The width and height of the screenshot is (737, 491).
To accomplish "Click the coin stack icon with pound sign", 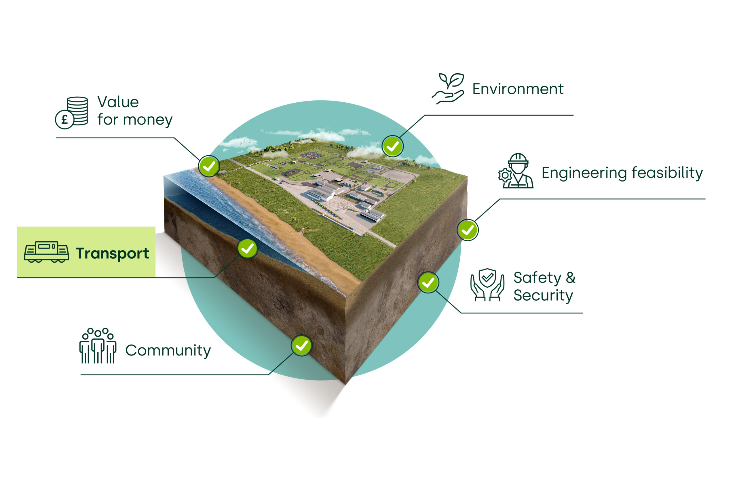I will (72, 112).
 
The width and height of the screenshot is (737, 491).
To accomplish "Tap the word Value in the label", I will (118, 102).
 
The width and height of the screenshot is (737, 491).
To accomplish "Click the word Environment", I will (518, 89).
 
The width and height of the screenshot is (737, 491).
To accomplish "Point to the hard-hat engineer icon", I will (516, 171).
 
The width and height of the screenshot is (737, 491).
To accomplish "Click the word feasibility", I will (667, 173).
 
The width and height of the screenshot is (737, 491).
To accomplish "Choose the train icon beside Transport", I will (46, 252).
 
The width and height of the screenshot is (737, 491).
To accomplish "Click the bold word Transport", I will (112, 253).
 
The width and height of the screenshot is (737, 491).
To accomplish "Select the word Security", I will (543, 295).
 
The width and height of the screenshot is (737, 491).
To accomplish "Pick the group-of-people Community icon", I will (98, 346).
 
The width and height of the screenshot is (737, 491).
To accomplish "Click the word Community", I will (168, 350).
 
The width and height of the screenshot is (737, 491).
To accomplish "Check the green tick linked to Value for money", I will (209, 166).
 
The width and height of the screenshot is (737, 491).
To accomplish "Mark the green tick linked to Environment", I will (392, 146).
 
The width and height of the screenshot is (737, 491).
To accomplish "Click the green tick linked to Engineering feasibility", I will (468, 230).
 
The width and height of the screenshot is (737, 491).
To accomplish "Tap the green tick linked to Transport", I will (248, 249).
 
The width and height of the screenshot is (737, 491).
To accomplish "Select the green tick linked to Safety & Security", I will (428, 282).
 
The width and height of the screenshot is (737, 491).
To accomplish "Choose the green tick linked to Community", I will (301, 345).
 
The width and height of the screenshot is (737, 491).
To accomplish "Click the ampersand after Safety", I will (571, 278).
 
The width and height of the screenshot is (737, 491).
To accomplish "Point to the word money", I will (148, 120).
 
